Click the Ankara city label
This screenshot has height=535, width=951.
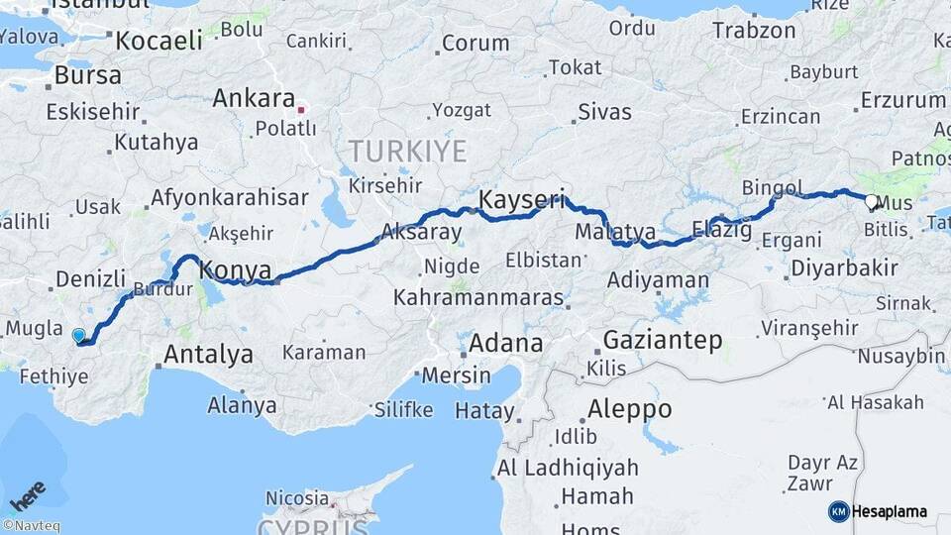click(254, 99)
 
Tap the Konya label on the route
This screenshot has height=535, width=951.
click(236, 268)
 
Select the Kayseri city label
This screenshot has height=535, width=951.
click(521, 201)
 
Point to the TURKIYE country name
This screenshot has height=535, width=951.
click(406, 152)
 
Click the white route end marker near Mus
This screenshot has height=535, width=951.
click(871, 202)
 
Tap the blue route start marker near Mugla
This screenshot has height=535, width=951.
click(79, 335)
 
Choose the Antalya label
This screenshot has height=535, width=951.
click(208, 354)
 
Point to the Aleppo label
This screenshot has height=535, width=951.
click(629, 408)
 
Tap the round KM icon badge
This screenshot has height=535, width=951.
click(839, 512)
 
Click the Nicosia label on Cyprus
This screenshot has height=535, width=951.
click(297, 497)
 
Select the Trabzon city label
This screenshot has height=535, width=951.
click(754, 31)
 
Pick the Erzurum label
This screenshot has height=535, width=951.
click(903, 100)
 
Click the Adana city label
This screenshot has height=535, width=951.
click(505, 344)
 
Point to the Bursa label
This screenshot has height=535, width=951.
click(88, 74)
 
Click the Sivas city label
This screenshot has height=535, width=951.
click(604, 111)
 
